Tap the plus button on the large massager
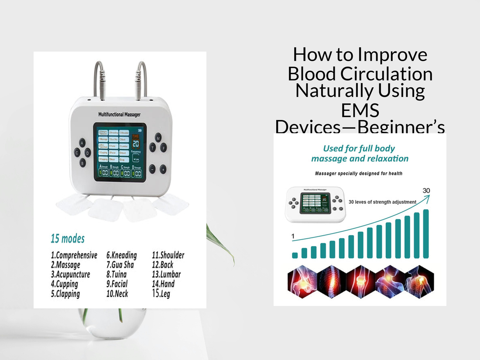click(x=163, y=168)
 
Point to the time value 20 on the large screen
click(x=136, y=144)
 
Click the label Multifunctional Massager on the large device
click(x=120, y=114)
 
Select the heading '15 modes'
click(x=68, y=239)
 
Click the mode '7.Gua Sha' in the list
click(x=120, y=265)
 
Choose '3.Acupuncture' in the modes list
click(x=70, y=274)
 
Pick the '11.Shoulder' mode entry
click(x=168, y=255)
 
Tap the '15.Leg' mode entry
click(x=161, y=294)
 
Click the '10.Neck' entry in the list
click(x=117, y=294)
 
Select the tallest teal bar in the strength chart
click(x=426, y=234)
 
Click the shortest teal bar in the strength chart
click(x=295, y=255)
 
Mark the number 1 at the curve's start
click(x=293, y=237)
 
